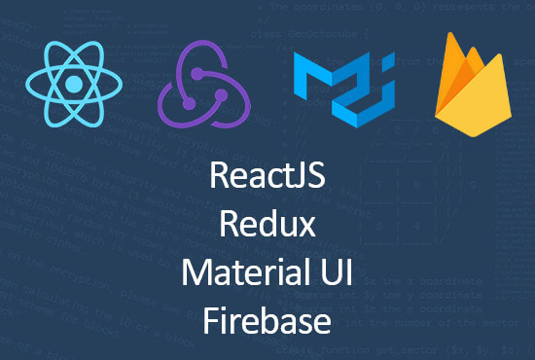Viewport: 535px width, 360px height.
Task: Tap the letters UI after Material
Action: coord(338,273)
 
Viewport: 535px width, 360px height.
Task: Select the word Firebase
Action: coord(267,318)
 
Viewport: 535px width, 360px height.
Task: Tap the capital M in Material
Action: coord(196,273)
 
